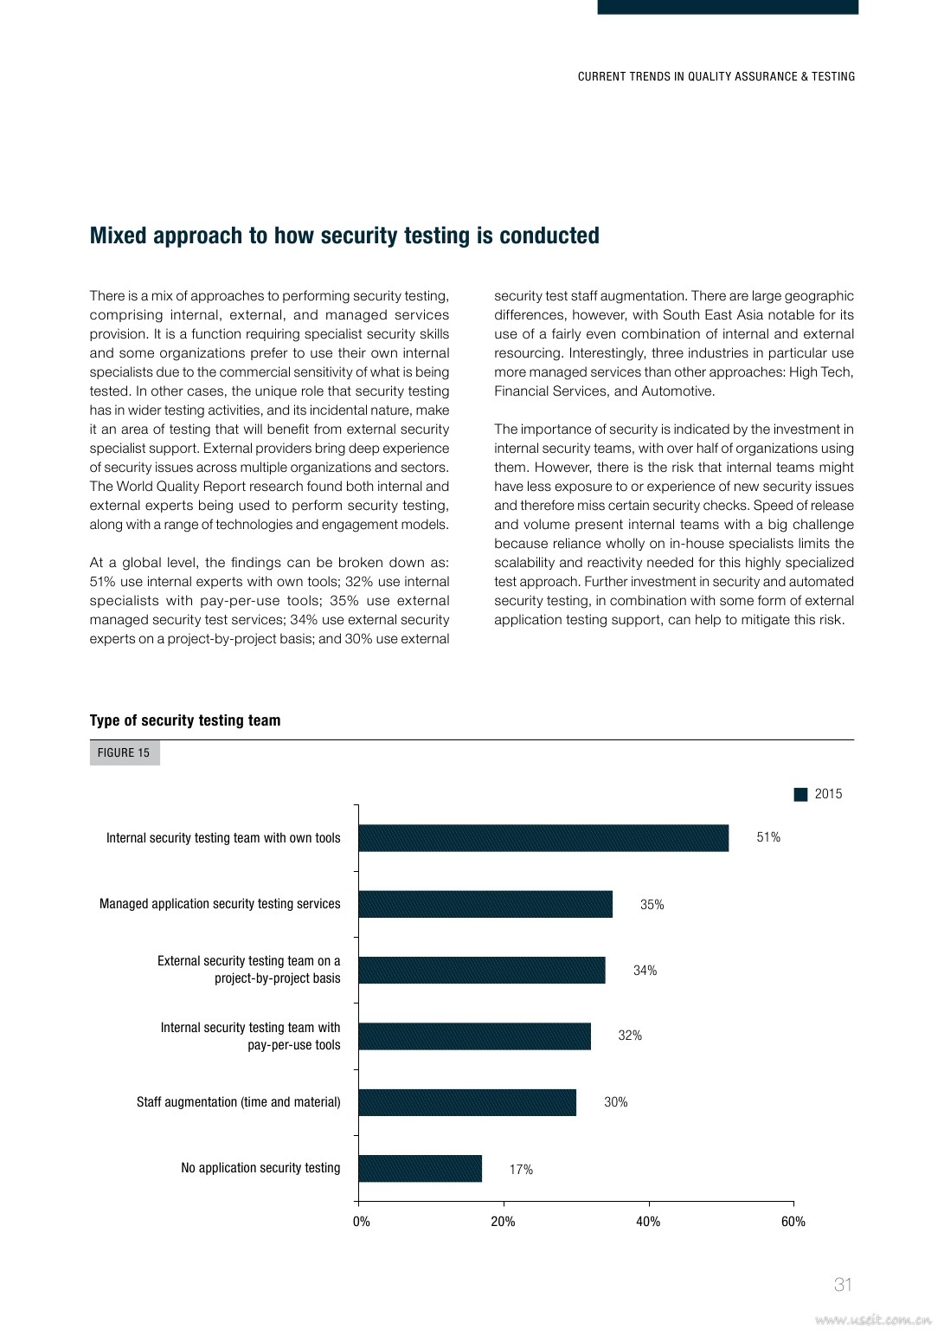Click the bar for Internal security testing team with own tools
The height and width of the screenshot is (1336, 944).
(543, 838)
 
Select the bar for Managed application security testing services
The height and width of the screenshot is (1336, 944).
(485, 904)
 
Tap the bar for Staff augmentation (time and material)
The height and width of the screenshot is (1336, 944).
(467, 1102)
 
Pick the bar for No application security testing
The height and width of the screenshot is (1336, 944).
(421, 1169)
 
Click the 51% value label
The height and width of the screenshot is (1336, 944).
(768, 837)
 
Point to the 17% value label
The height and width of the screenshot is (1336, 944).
(521, 1170)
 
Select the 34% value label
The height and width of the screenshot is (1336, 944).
(645, 971)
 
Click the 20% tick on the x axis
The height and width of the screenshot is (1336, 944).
(503, 1222)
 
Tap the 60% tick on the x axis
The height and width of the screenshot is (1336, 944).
(793, 1222)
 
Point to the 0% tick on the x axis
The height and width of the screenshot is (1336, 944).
(361, 1222)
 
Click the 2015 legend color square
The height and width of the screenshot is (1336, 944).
(800, 794)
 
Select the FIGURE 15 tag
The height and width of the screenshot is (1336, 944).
(124, 752)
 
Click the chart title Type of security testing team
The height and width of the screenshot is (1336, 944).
(185, 720)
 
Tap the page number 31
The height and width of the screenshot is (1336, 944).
(843, 1285)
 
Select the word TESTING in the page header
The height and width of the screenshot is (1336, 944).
(833, 77)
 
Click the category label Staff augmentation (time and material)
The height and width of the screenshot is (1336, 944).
(238, 1102)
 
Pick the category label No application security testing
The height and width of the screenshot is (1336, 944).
(260, 1168)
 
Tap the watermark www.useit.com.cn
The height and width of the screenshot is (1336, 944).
(872, 1320)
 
